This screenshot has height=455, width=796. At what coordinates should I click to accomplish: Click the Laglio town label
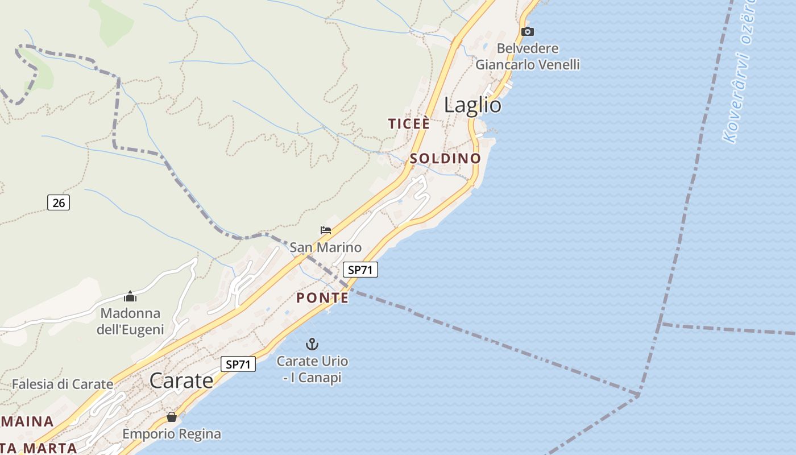[472, 105]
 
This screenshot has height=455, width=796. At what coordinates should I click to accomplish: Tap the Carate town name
[181, 380]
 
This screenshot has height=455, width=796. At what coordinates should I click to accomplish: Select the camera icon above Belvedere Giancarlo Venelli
[528, 31]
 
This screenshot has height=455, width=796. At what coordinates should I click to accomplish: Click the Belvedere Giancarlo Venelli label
[528, 56]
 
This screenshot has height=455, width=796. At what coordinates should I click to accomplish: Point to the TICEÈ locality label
[408, 123]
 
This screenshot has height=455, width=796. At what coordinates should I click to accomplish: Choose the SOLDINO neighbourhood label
[445, 158]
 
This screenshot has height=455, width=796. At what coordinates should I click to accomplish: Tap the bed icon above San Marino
[326, 230]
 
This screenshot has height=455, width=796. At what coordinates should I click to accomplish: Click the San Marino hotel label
[326, 247]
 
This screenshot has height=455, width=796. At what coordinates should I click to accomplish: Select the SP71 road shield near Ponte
[360, 270]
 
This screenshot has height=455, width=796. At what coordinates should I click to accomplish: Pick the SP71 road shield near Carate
[238, 364]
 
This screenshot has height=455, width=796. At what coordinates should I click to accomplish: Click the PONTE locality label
[322, 297]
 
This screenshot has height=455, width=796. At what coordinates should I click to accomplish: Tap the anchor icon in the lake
[312, 344]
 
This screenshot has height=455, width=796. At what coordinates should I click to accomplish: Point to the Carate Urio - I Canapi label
[312, 369]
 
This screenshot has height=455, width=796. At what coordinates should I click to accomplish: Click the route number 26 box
[58, 202]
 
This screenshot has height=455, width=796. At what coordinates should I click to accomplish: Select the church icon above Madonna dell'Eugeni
[130, 296]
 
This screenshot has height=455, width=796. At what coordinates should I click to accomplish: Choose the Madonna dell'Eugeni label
[130, 321]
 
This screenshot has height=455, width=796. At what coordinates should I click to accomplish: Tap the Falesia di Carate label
[63, 384]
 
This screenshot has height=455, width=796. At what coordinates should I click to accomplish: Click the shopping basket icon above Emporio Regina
[172, 417]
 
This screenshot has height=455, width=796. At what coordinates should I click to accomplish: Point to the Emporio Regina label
[172, 434]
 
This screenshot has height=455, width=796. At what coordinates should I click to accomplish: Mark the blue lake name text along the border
[739, 74]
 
